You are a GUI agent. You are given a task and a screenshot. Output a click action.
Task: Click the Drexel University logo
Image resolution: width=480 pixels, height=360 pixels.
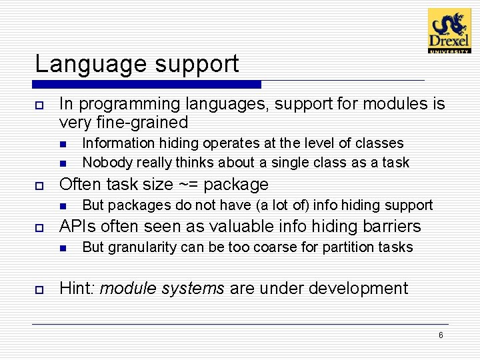click(x=449, y=31)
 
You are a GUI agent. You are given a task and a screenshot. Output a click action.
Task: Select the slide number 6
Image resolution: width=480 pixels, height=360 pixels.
click(x=441, y=335)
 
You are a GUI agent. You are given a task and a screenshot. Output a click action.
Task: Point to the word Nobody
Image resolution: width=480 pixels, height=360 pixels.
click(x=103, y=163)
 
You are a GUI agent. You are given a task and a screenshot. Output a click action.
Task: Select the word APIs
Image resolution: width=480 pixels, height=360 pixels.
click(x=76, y=227)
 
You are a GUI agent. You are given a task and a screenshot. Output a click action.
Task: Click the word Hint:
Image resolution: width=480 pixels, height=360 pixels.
click(x=77, y=289)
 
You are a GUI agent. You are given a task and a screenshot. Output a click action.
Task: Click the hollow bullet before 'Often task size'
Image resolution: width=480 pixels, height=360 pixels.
click(x=39, y=185)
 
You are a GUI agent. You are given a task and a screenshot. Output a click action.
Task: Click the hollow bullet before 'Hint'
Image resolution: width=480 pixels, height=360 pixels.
click(x=39, y=289)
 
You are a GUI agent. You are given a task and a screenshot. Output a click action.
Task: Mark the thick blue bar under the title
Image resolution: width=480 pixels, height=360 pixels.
click(x=147, y=85)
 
